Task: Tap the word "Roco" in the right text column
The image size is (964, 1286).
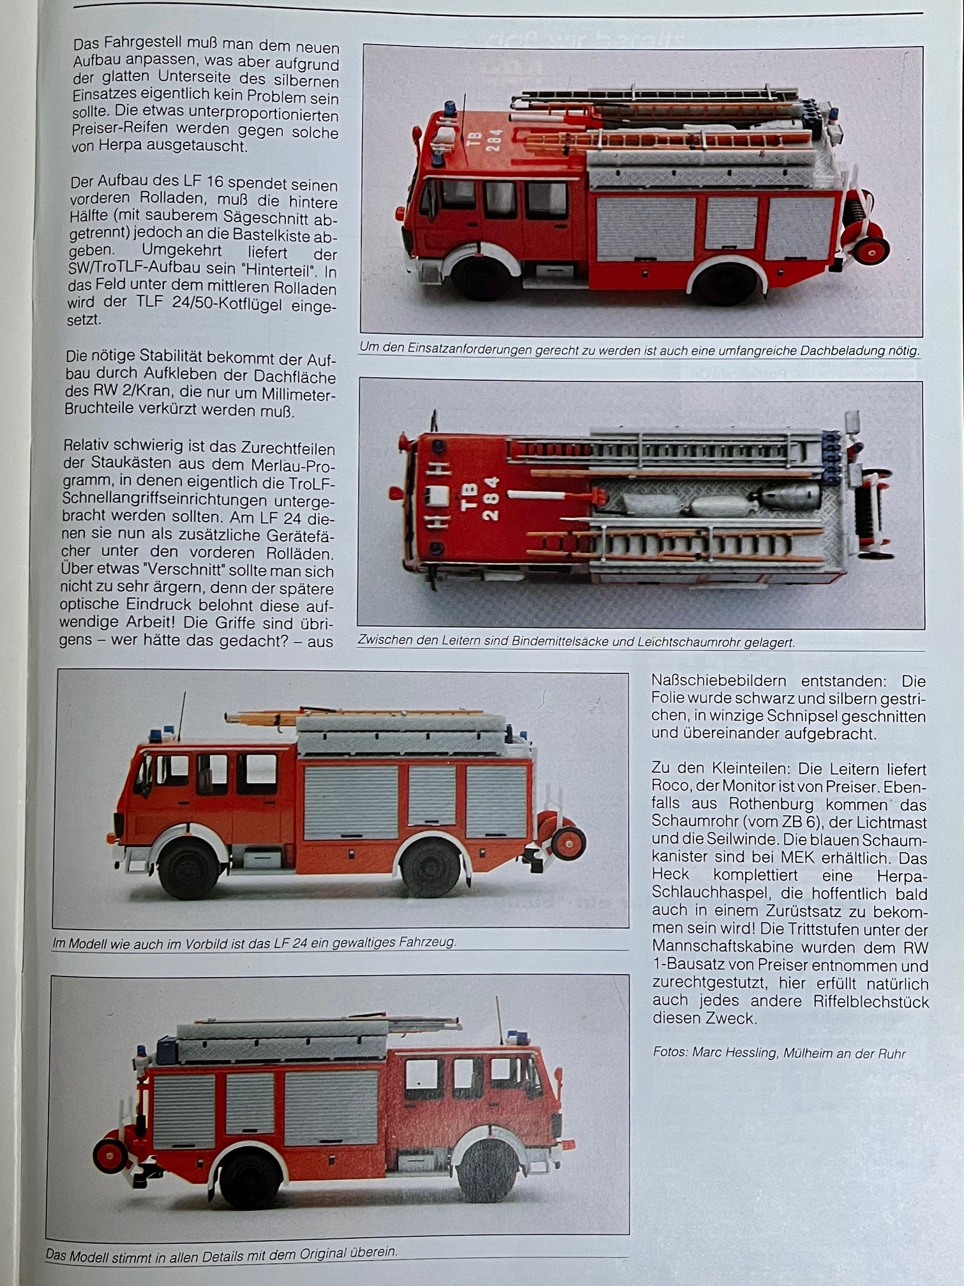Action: pos(668,786)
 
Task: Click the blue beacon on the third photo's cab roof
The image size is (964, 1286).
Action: pos(156,735)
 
